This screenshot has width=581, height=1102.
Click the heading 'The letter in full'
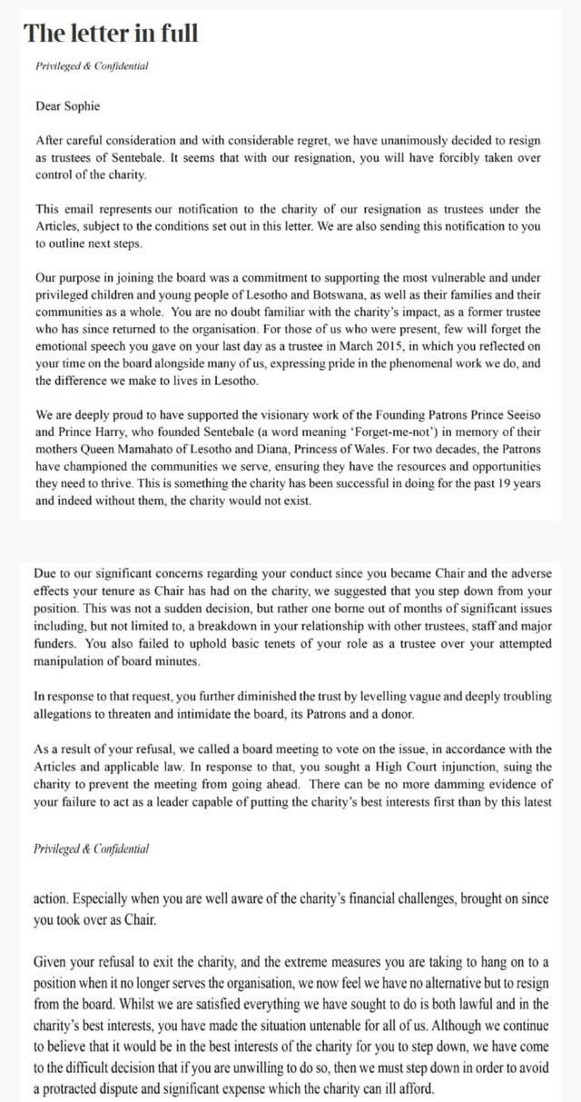click(x=111, y=34)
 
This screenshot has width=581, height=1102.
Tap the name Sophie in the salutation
click(x=82, y=105)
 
